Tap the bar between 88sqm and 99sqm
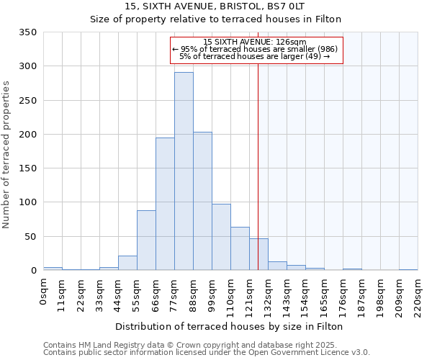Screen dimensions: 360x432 202,201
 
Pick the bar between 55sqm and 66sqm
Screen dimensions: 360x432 146,240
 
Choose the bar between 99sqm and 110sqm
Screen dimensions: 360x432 221,237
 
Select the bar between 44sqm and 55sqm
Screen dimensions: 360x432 127,263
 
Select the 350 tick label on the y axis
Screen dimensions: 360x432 28,32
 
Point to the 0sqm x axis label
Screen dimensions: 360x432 44,292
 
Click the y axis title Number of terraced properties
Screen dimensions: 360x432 6,154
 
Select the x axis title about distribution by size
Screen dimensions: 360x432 230,326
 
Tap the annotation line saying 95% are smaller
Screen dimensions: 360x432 256,49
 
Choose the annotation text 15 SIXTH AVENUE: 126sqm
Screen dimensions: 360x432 256,42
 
